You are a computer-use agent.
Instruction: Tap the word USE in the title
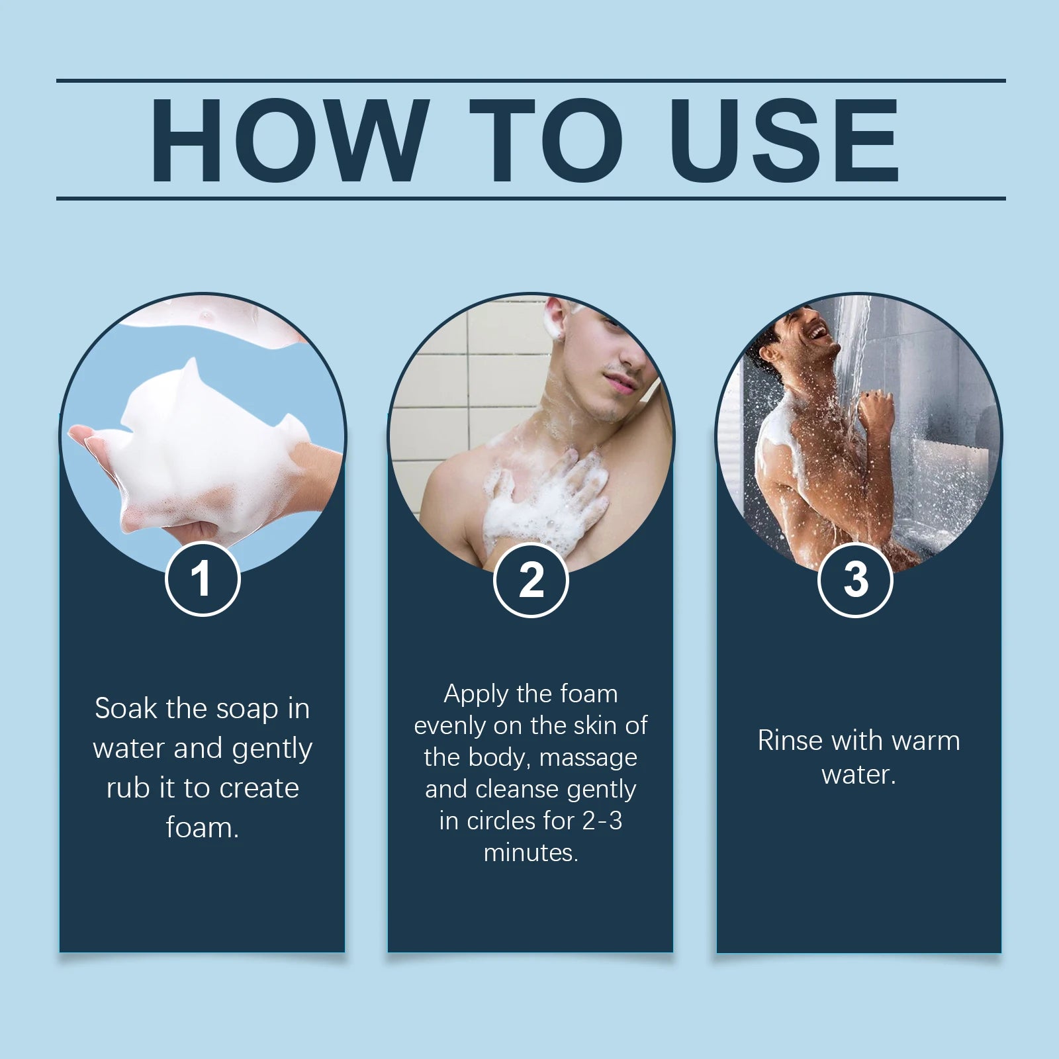point(784,140)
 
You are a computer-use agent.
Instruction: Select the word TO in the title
point(547,140)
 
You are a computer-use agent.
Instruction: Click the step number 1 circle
point(203,579)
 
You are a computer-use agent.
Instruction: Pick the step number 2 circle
point(531,580)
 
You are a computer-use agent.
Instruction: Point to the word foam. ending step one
point(203,828)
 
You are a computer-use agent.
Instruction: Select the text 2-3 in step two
point(602,821)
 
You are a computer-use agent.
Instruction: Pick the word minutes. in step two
point(531,853)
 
